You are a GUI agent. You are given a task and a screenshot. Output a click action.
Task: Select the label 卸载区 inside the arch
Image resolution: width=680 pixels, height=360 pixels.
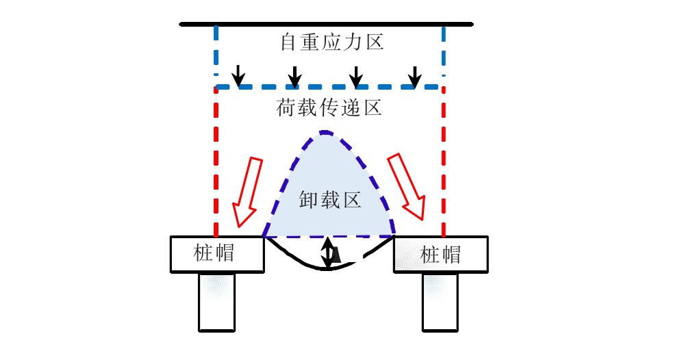click(x=329, y=201)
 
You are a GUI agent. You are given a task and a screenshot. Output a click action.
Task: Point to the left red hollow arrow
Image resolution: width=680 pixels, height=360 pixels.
click(x=247, y=192)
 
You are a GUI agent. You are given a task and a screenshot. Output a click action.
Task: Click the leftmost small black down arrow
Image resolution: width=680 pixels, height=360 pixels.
click(x=237, y=75)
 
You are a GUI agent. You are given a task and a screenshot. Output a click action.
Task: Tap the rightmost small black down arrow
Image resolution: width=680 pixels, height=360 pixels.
click(x=414, y=76)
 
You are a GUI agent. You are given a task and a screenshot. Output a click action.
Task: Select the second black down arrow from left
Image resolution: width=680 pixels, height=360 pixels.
click(x=294, y=76)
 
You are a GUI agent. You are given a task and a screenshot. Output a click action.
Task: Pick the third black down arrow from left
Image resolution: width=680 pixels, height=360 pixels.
click(x=355, y=76)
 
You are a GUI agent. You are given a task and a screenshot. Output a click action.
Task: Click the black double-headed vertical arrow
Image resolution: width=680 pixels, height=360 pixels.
click(x=329, y=253)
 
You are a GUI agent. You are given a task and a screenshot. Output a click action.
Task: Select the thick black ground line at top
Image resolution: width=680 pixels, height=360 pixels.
click(x=326, y=24)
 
